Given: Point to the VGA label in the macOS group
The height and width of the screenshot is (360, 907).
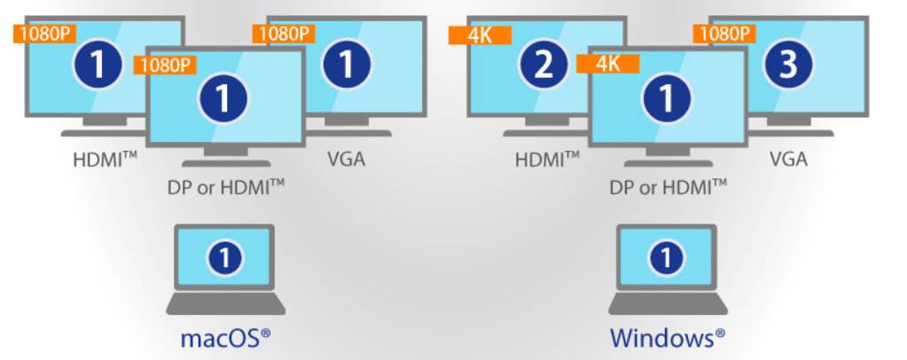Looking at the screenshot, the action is [345, 160].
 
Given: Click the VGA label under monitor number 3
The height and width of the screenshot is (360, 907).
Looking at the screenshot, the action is [788, 160].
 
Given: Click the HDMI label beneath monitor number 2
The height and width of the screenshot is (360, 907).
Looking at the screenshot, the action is [547, 160].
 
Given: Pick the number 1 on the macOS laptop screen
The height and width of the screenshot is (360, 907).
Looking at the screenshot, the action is [225, 258].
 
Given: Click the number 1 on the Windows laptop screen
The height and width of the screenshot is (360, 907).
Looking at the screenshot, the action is [667, 258].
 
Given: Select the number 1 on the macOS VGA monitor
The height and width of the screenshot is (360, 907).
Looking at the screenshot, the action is [345, 65].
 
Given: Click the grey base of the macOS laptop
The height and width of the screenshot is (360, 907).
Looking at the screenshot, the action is [225, 304].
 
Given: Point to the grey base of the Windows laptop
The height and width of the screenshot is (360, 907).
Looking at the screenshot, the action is [667, 304].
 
